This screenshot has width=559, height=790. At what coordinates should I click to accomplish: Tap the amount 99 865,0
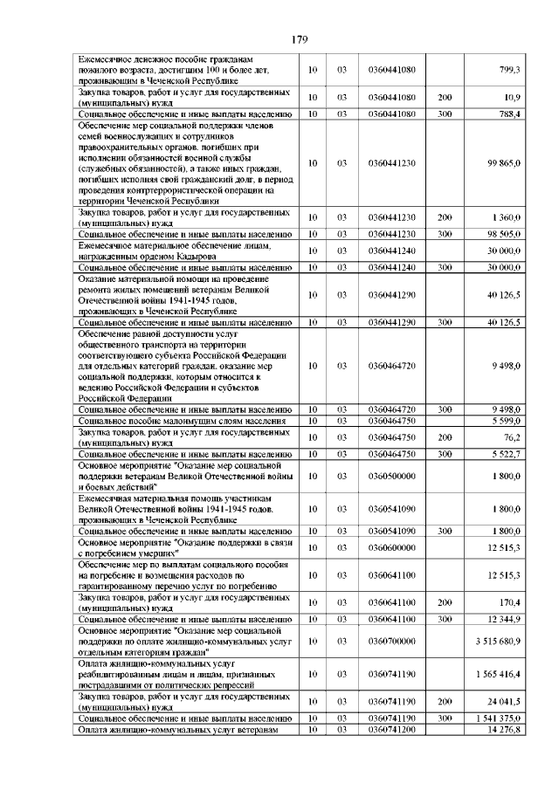click(x=504, y=162)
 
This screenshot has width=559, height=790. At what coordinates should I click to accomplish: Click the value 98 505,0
click(x=504, y=234)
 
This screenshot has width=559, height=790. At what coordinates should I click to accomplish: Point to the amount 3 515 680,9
click(x=499, y=640)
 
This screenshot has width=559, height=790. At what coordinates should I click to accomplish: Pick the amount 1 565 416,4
click(x=499, y=676)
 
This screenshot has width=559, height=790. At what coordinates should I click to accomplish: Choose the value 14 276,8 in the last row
click(x=504, y=729)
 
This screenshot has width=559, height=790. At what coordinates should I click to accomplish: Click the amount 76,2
click(x=511, y=436)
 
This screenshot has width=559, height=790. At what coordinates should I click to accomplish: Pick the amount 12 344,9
click(x=504, y=619)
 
